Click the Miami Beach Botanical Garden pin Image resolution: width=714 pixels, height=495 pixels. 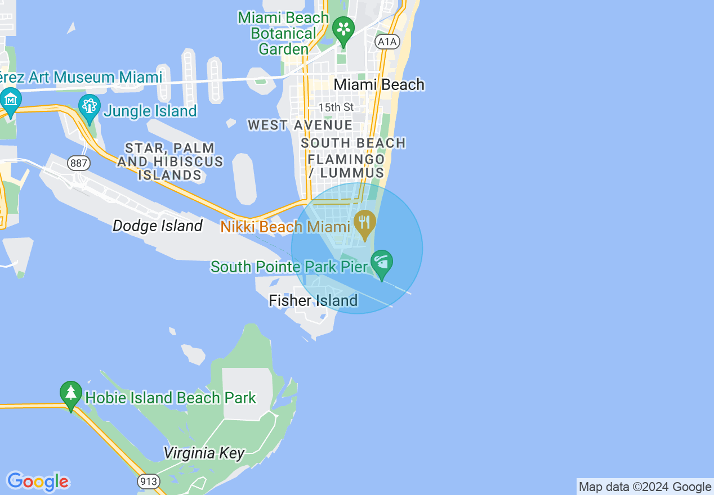pyautogui.click(x=343, y=29)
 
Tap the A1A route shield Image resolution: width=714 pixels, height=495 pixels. pyautogui.click(x=387, y=41)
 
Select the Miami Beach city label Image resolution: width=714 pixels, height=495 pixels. pyautogui.click(x=379, y=84)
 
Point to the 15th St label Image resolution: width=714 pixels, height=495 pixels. pyautogui.click(x=336, y=107)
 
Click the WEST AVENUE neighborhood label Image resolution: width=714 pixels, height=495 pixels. pyautogui.click(x=300, y=125)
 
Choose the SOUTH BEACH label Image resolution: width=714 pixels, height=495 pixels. pyautogui.click(x=353, y=143)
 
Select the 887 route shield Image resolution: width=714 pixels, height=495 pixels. pyautogui.click(x=78, y=163)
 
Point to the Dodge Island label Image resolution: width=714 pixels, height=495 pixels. pyautogui.click(x=157, y=226)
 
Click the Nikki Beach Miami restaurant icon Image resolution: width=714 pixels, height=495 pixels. pyautogui.click(x=365, y=224)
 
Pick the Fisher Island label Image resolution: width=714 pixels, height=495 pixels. pyautogui.click(x=313, y=300)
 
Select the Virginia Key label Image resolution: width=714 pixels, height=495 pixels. pyautogui.click(x=204, y=453)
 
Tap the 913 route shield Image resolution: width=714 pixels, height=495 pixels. pyautogui.click(x=148, y=481)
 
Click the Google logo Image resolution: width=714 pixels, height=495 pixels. pyautogui.click(x=38, y=481)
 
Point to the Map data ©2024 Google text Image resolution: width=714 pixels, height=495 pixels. pyautogui.click(x=645, y=487)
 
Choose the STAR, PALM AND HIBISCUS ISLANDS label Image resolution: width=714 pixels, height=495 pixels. pyautogui.click(x=169, y=161)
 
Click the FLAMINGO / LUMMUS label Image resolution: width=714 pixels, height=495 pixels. pyautogui.click(x=346, y=166)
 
